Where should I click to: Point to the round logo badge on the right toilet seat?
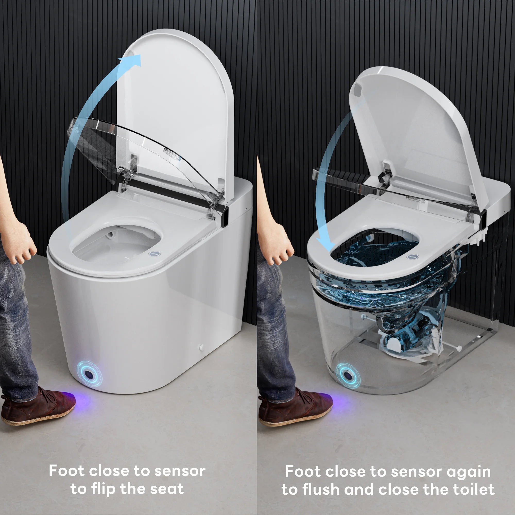click(411, 256)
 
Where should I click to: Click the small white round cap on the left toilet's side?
click(202, 347)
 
